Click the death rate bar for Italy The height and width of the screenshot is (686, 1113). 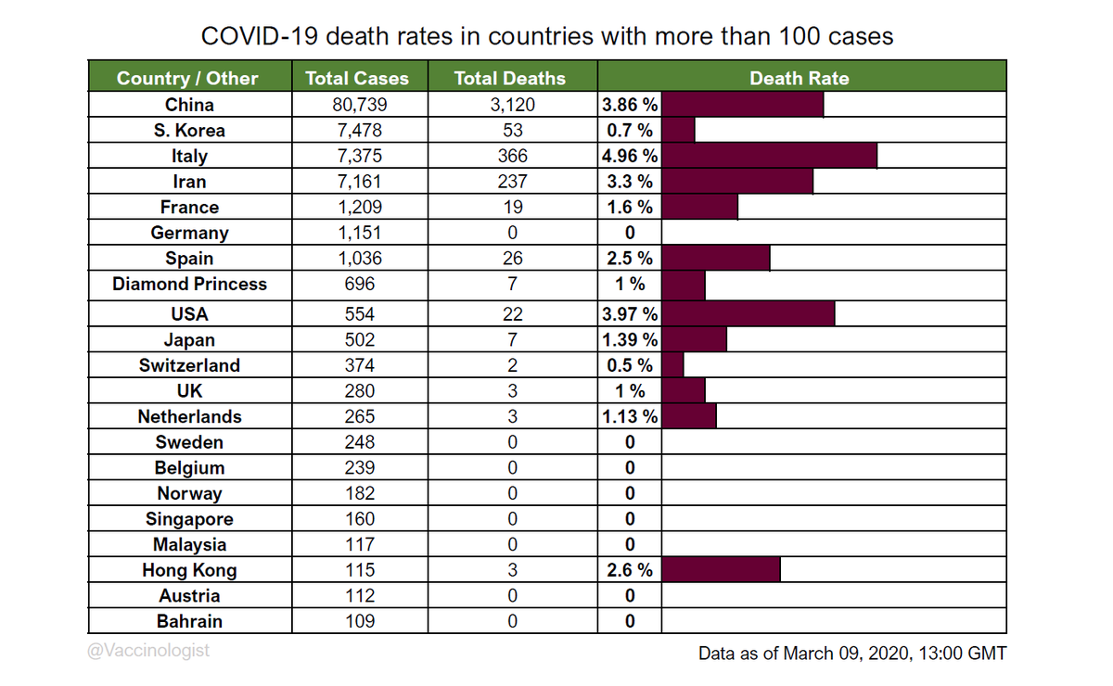point(770,156)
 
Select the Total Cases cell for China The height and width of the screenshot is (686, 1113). point(357,105)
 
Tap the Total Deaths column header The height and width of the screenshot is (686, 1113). point(509,78)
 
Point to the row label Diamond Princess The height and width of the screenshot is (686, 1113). point(189,284)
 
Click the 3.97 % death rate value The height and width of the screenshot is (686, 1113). point(630,314)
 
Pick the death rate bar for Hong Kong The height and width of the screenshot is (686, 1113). point(721,570)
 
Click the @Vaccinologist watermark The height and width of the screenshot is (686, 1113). point(149,651)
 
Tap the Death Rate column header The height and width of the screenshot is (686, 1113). point(799,78)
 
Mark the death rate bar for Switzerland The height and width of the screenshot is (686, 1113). point(672,365)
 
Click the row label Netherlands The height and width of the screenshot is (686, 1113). point(189,416)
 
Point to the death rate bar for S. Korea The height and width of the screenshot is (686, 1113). point(678,131)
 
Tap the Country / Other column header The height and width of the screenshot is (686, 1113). point(187,78)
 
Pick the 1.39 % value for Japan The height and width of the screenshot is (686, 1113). point(630,340)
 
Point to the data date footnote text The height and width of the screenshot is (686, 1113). point(851,654)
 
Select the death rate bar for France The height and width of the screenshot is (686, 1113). point(699,207)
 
